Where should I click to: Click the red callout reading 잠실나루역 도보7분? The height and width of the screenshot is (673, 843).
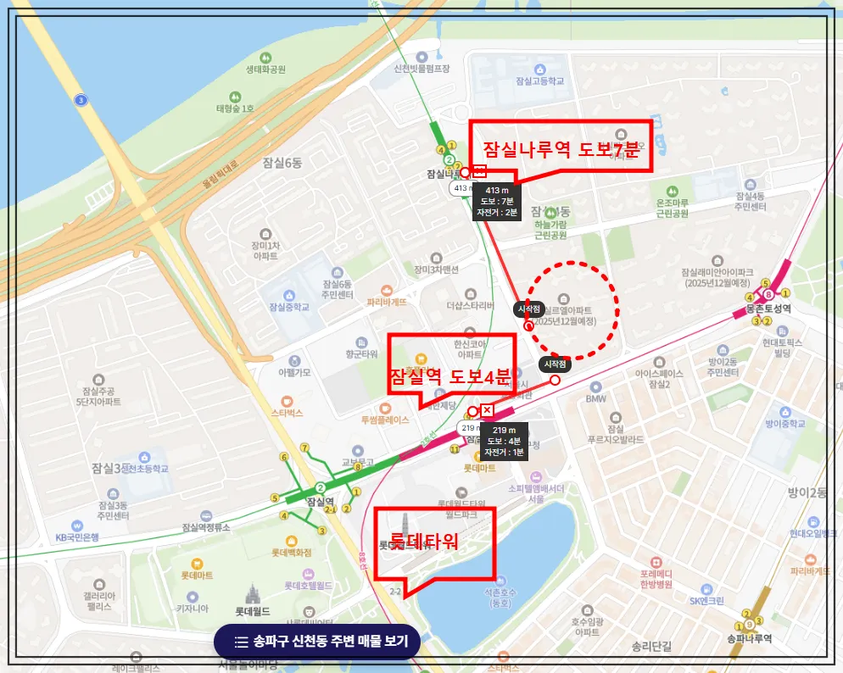(560, 149)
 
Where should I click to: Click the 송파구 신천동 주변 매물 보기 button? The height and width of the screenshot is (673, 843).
(317, 642)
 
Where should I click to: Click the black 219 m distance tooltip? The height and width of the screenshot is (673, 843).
(505, 441)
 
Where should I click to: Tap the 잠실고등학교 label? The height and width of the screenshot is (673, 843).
(533, 81)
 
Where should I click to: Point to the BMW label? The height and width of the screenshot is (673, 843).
(595, 398)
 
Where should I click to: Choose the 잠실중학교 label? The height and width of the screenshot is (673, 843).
(288, 306)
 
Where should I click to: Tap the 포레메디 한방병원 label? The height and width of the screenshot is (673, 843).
(656, 579)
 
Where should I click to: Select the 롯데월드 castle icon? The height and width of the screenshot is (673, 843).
(251, 592)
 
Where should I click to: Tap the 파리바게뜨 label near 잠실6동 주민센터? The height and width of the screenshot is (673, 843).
(387, 301)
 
